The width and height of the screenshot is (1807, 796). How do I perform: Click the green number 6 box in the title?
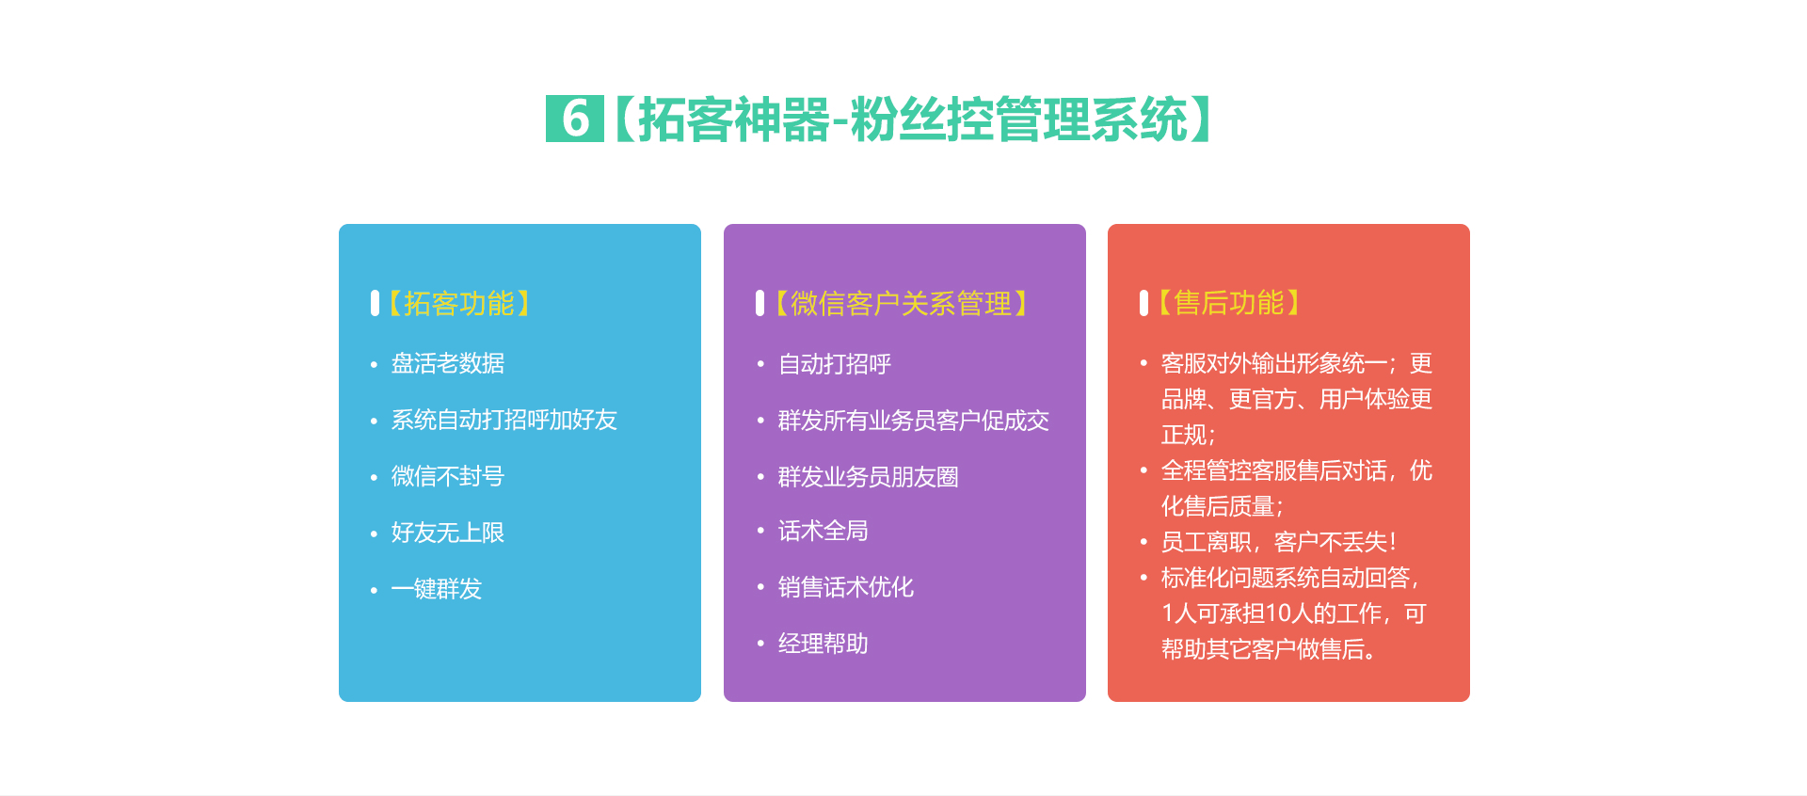[575, 119]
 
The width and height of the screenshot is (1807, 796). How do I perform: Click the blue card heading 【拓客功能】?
[460, 303]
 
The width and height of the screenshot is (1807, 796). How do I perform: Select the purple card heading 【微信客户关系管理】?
[901, 303]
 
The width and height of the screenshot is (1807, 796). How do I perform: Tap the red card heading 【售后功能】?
[1229, 302]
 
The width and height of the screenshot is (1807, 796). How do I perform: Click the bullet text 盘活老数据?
[448, 363]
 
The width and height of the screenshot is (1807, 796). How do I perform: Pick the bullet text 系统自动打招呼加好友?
[504, 420]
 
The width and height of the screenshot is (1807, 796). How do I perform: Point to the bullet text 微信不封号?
[448, 476]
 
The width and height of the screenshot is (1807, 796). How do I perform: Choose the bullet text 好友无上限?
[448, 533]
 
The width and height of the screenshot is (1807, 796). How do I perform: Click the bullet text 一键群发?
[437, 589]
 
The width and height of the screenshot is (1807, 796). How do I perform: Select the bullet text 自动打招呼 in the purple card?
[835, 364]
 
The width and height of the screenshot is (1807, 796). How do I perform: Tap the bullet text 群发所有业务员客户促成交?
[914, 421]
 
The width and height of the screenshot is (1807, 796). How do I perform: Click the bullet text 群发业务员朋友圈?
[869, 477]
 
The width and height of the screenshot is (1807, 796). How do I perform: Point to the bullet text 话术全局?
[824, 531]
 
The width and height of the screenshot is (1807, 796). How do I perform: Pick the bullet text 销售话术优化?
[846, 587]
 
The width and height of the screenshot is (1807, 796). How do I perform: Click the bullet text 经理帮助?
[824, 644]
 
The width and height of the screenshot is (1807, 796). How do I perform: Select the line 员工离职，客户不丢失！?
[1280, 542]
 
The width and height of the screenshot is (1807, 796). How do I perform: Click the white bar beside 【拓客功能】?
[375, 303]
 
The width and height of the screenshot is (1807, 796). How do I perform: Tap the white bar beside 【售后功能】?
[1143, 303]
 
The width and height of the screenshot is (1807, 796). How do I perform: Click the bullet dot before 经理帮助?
[760, 644]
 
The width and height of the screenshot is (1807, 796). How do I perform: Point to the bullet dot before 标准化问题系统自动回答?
[1143, 577]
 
